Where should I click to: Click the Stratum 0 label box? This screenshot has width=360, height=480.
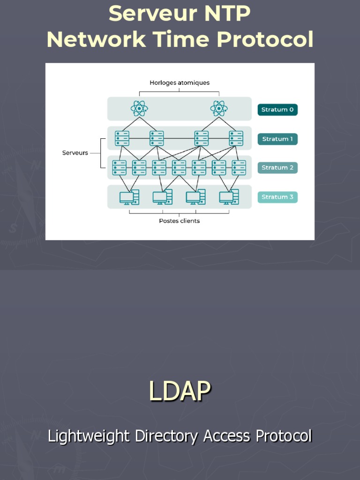click(277, 110)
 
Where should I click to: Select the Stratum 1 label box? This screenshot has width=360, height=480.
click(277, 139)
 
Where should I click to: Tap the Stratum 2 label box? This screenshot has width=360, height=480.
click(277, 168)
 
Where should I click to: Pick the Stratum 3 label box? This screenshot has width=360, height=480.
click(277, 197)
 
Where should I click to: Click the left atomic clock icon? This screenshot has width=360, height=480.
click(139, 109)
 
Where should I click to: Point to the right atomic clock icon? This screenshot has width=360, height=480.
click(219, 109)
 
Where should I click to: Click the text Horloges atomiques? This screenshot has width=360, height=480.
click(180, 83)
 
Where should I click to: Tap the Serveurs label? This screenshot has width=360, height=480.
click(75, 153)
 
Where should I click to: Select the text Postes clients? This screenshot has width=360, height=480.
click(179, 221)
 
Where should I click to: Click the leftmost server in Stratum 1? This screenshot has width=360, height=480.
click(122, 138)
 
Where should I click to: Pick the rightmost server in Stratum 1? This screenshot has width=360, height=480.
click(236, 138)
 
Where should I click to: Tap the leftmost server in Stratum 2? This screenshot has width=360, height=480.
click(119, 167)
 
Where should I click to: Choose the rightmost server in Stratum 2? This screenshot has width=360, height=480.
click(239, 167)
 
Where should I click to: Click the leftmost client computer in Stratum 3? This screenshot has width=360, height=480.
click(129, 197)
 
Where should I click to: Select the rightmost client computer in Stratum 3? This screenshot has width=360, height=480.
click(229, 197)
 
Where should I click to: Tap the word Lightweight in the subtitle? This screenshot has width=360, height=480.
click(89, 436)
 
